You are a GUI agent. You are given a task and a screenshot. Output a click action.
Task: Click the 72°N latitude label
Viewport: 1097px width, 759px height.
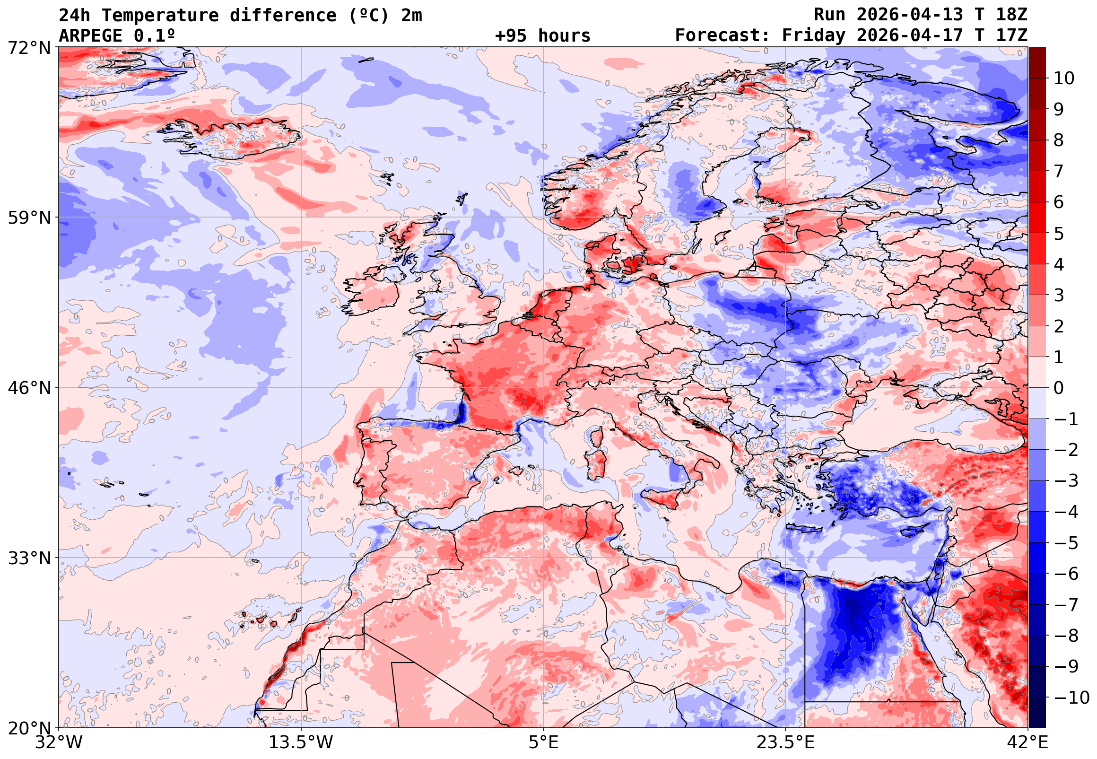[29, 48]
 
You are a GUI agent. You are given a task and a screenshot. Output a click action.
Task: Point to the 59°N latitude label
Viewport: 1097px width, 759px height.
[29, 218]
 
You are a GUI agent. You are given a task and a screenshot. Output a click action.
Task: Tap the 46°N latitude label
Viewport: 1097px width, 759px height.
[29, 388]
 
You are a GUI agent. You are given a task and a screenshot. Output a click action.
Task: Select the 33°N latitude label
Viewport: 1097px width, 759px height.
[29, 558]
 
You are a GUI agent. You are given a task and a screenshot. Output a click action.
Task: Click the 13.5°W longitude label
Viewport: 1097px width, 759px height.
[301, 742]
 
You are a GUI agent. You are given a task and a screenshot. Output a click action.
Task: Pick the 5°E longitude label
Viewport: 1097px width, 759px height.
[543, 742]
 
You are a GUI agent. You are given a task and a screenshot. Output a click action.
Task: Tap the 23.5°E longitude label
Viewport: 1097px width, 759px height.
[785, 742]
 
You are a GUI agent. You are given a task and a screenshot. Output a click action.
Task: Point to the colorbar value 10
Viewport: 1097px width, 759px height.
[1064, 79]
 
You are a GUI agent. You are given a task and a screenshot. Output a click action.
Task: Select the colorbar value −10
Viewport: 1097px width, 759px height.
[1071, 698]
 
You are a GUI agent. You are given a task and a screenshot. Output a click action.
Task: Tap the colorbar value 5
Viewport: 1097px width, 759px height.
[1059, 234]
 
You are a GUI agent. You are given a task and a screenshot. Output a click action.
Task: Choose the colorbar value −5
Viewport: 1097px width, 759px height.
[1066, 543]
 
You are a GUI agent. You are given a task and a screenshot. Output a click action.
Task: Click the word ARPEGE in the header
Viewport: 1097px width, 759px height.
[90, 35]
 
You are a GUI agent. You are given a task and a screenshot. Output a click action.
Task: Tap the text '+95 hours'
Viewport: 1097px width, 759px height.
[542, 35]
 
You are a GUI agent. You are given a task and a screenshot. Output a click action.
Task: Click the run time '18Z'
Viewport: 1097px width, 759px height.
[1011, 15]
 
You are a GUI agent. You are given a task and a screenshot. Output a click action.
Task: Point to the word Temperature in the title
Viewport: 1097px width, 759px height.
[160, 15]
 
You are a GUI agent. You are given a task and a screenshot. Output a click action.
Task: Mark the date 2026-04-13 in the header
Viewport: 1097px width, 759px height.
[909, 15]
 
